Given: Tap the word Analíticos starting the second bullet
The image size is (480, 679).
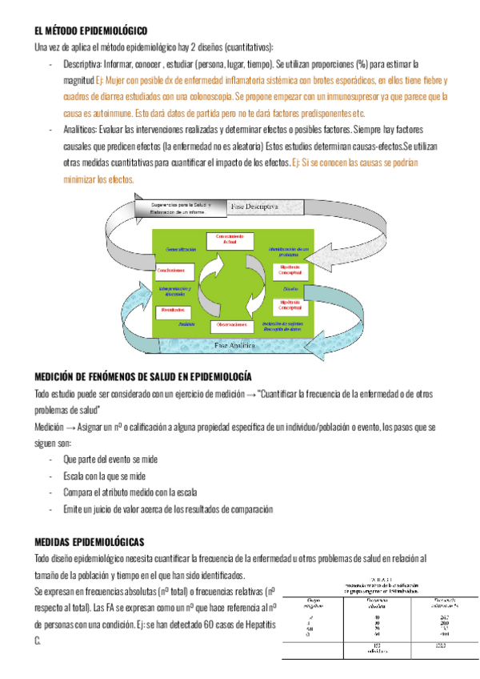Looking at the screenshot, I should click(79, 130).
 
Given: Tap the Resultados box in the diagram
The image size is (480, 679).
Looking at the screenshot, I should click(174, 309).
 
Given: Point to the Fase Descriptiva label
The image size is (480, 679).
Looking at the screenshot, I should click(254, 206).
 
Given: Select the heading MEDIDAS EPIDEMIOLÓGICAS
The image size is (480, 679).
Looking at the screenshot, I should click(89, 542).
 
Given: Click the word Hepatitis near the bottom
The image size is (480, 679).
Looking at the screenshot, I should click(255, 625).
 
